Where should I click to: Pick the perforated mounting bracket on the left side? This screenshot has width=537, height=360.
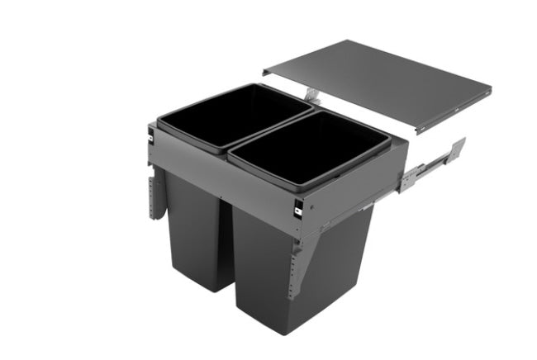point(154,195)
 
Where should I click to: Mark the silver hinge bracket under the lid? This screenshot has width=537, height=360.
point(311,93)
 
